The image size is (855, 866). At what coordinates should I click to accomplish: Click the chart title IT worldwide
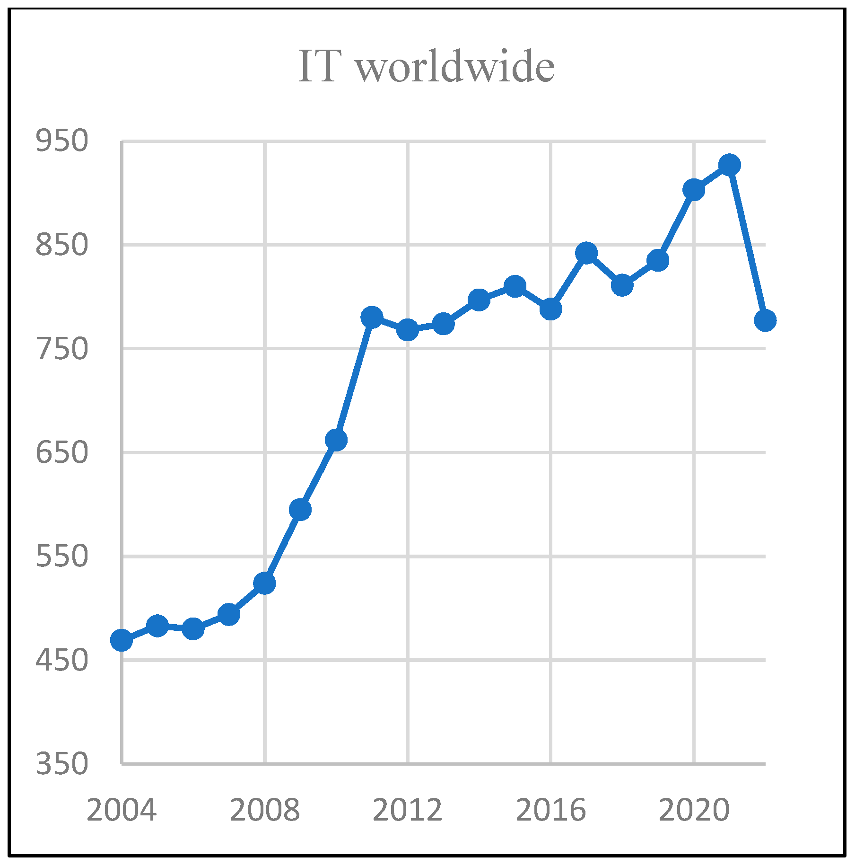tap(427, 67)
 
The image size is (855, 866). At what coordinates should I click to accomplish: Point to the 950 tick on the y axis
tap(62, 141)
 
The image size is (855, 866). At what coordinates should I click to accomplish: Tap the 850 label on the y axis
tap(62, 245)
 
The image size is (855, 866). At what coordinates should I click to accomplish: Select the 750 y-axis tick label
tap(62, 349)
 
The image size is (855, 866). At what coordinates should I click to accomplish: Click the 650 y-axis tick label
tap(62, 452)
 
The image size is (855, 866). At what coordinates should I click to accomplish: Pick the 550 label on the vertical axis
tap(62, 556)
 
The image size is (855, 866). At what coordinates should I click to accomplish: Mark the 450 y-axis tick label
tap(62, 660)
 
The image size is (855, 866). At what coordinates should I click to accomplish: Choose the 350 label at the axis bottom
tap(62, 764)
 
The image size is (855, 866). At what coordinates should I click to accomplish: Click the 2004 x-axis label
tap(122, 810)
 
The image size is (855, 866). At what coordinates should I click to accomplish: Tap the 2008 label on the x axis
tap(265, 810)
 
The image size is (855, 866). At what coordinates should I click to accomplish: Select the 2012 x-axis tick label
tap(408, 810)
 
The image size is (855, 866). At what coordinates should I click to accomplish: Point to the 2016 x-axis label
tap(551, 810)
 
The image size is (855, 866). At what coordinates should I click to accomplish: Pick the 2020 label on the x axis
tap(694, 810)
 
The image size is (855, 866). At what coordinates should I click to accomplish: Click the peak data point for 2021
tap(729, 165)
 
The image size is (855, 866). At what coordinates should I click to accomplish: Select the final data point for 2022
tap(765, 320)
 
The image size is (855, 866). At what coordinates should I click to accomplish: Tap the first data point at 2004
tap(122, 640)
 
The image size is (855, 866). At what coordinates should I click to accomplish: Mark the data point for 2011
tap(372, 317)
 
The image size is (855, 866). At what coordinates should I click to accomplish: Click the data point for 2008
tap(264, 583)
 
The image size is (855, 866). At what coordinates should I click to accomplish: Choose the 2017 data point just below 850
tap(586, 253)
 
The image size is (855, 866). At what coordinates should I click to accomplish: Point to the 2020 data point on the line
tap(694, 190)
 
